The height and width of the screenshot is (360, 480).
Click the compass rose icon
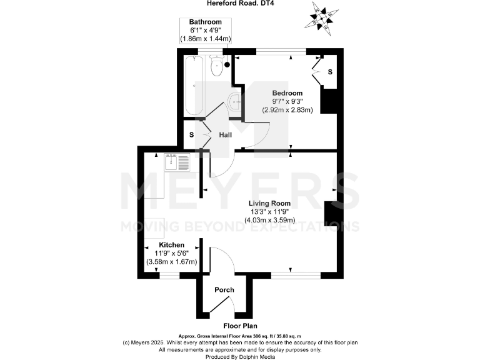(x=322, y=17)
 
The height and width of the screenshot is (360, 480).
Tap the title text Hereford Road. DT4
(x=241, y=4)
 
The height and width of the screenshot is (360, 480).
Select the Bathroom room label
(x=206, y=22)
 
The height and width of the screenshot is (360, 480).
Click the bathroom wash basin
(x=234, y=102)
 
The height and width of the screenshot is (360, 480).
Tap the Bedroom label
(x=287, y=92)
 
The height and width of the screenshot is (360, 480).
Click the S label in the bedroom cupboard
(x=330, y=72)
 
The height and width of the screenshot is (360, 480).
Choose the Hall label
(x=226, y=135)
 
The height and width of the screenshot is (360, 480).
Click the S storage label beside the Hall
(x=192, y=135)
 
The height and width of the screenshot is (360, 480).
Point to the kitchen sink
(x=177, y=162)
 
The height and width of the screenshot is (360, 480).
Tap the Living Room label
(x=269, y=203)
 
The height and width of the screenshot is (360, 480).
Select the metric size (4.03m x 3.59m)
(x=269, y=220)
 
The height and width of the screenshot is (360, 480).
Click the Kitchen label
(x=171, y=244)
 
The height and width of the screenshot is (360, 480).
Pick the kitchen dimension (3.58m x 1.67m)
(x=171, y=262)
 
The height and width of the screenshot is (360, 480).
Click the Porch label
(x=224, y=290)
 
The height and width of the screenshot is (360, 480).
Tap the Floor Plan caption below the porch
(x=240, y=326)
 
